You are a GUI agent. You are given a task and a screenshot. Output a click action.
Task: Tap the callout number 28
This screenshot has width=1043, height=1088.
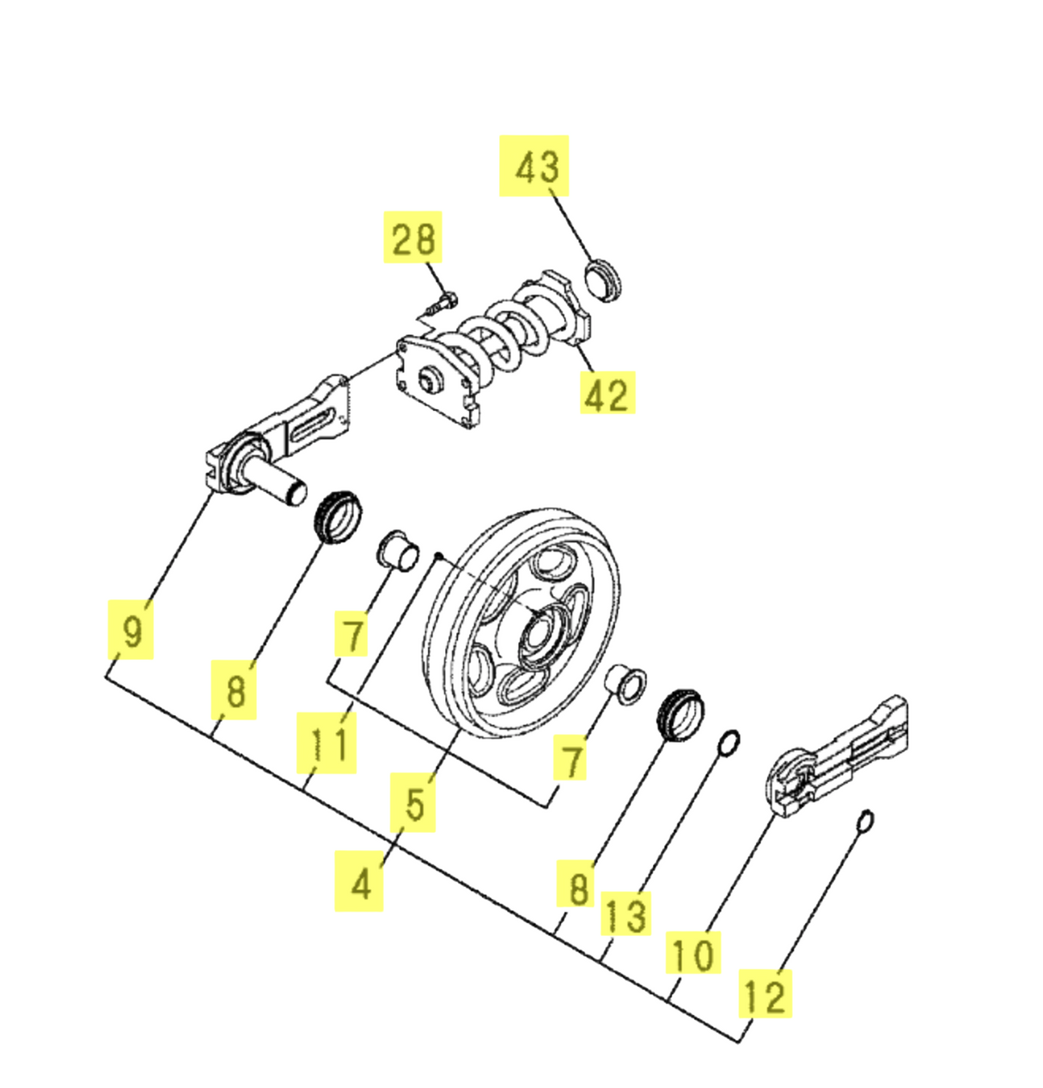(413, 238)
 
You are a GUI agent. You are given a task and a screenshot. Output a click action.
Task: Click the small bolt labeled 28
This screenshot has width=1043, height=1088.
(442, 302)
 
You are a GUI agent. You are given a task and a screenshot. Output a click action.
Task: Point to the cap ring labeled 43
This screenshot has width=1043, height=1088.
(602, 279)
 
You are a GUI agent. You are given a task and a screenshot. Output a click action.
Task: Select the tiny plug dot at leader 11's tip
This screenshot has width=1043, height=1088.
(439, 556)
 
